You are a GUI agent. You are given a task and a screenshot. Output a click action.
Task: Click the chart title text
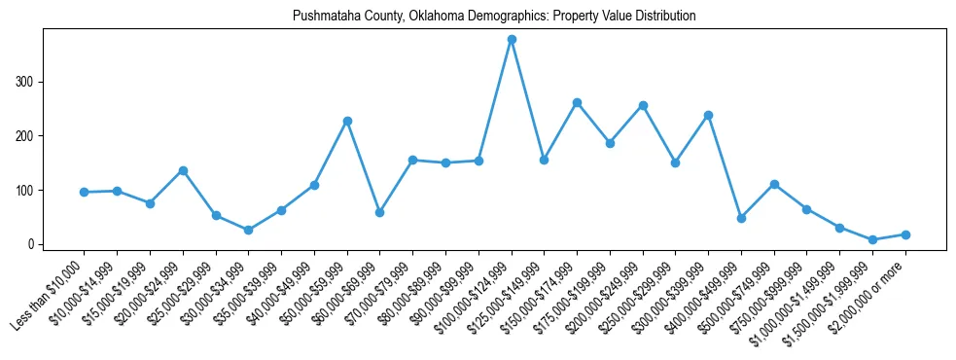tap(494, 17)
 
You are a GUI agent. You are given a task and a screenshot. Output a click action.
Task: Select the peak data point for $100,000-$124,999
tap(512, 40)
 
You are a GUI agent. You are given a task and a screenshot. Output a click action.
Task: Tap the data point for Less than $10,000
tap(85, 192)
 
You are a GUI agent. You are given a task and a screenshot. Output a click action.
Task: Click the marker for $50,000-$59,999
tap(347, 121)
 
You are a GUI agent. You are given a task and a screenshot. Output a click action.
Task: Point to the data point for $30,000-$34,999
tap(248, 230)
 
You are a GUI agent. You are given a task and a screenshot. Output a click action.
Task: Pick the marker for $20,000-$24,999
tap(183, 170)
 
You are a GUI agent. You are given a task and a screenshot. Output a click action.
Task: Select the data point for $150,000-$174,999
tap(577, 102)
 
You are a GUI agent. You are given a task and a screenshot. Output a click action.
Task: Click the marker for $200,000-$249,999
tap(643, 105)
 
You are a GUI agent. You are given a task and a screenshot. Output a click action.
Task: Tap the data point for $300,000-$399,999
tap(708, 115)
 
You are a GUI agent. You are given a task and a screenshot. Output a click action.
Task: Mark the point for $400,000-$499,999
tap(741, 218)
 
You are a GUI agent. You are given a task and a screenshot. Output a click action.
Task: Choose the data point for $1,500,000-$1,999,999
tap(872, 239)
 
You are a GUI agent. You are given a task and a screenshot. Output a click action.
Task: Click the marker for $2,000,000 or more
tap(905, 234)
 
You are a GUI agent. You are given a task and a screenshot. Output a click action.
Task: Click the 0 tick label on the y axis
tap(31, 244)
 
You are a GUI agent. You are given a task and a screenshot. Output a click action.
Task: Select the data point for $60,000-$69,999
tap(379, 212)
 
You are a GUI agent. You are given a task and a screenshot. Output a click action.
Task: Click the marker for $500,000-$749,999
tap(774, 184)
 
